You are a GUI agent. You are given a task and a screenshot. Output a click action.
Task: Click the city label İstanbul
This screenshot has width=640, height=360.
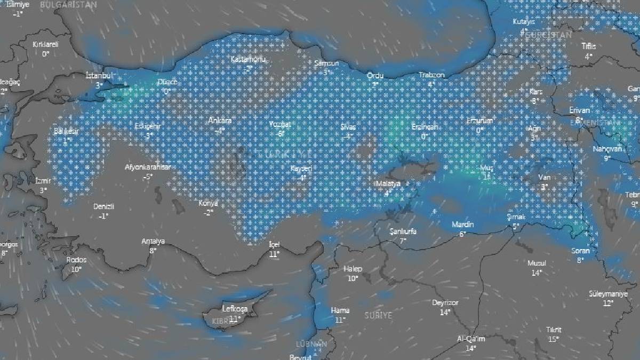[100, 76]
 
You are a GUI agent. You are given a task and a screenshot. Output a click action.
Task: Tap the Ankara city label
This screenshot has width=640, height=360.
[220, 121]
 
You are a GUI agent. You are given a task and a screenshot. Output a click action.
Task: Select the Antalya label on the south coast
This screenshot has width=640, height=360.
[153, 241]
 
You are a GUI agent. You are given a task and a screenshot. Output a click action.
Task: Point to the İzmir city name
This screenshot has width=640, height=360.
[43, 181]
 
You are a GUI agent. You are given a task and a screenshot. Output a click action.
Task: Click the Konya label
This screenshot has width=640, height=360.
[208, 204]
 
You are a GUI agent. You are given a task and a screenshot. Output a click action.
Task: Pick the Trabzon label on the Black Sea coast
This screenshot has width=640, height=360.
[431, 75]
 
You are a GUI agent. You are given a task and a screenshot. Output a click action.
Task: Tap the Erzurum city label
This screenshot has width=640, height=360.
[479, 121]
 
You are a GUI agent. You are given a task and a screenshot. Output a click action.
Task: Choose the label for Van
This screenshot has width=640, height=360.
[544, 178]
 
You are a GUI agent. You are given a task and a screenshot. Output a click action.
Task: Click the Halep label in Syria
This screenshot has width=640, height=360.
[353, 269]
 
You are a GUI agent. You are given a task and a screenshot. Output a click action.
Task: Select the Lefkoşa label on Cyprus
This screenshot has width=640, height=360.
[233, 309]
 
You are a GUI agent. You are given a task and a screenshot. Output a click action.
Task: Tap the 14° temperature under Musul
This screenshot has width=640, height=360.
[537, 273]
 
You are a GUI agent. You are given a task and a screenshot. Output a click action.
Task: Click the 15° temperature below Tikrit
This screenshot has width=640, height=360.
[554, 339]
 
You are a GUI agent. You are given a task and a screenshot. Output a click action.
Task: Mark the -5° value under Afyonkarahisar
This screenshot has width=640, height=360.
[147, 176]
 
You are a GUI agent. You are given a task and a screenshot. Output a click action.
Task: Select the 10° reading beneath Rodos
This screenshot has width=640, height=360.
[76, 269]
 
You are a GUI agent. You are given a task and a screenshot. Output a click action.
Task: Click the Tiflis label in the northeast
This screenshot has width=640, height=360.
[589, 46]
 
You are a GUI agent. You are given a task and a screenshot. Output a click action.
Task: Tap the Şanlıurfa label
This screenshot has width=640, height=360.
[403, 231]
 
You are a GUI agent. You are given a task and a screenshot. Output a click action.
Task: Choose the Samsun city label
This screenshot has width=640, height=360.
[326, 63]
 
